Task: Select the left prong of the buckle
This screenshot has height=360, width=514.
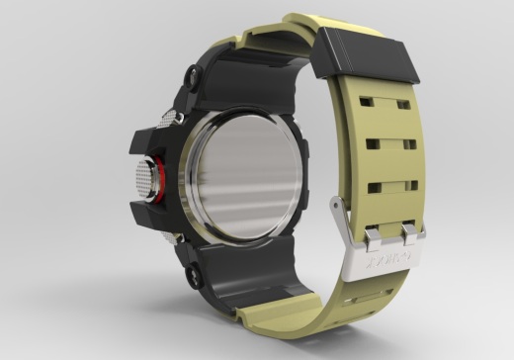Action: click(374, 235)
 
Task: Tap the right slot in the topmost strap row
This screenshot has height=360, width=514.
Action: click(403, 104)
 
